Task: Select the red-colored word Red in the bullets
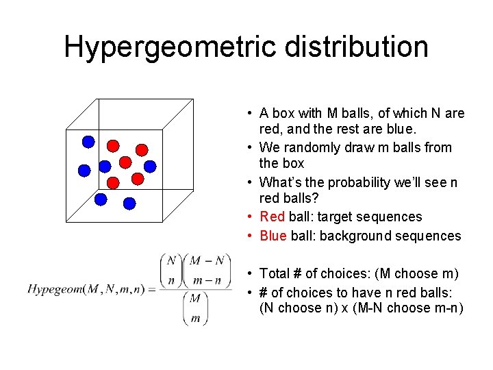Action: click(x=272, y=217)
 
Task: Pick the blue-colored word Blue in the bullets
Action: click(x=273, y=236)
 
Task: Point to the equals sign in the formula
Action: click(x=151, y=288)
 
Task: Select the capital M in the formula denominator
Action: click(x=195, y=299)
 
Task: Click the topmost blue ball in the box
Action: click(x=88, y=142)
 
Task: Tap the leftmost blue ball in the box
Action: click(x=84, y=169)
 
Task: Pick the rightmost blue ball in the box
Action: click(x=150, y=166)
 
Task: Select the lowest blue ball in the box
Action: click(x=129, y=203)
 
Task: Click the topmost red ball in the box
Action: click(x=114, y=145)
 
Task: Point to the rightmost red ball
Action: click(x=141, y=149)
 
